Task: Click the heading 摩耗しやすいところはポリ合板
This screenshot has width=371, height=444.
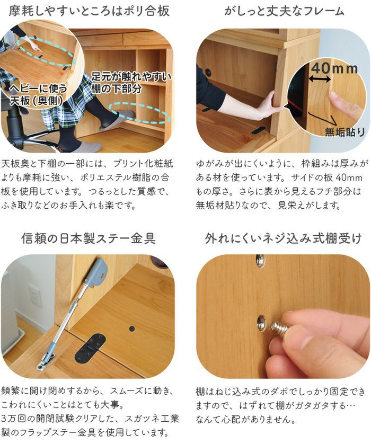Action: coord(90,11)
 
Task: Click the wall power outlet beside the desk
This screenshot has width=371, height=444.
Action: coord(34,297)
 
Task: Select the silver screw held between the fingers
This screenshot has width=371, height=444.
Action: coord(280,328)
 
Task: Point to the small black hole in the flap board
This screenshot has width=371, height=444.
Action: coord(131,329)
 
